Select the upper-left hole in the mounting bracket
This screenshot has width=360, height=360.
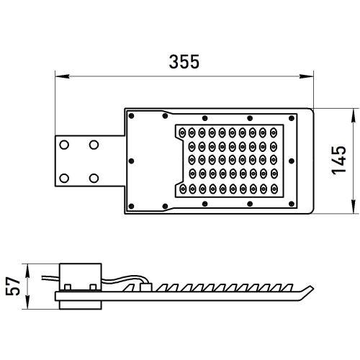[x=66, y=145]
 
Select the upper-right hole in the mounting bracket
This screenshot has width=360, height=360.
[x=93, y=145]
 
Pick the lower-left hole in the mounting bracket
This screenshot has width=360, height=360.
[x=66, y=177]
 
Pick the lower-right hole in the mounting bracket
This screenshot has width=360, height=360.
[x=93, y=177]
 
